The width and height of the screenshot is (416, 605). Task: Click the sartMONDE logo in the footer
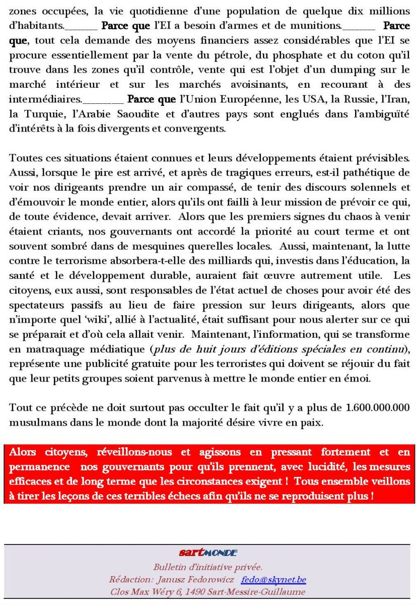(x=207, y=553)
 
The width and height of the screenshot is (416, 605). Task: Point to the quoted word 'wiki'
(x=102, y=320)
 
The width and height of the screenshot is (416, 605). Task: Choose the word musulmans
(x=37, y=422)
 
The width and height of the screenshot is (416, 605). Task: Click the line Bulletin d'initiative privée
(x=207, y=567)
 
